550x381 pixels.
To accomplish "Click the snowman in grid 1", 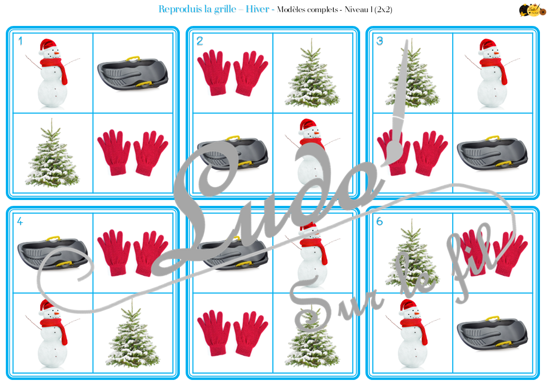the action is point(52,73).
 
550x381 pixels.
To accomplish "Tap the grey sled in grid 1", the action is point(133,74).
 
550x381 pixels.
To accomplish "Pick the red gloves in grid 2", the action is point(232,73).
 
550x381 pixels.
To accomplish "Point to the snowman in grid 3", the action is point(492,73).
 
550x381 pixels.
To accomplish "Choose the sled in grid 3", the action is point(492,153).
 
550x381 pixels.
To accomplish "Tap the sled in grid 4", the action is point(52,252).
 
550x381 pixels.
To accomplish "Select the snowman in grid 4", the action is point(52,333).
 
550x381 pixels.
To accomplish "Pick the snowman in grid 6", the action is point(412,333).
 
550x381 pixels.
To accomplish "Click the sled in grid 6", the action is point(492,333).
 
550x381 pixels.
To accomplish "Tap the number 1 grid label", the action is point(20,41).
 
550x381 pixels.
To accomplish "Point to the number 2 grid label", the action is point(200,41).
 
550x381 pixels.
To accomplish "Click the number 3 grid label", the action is point(380,41).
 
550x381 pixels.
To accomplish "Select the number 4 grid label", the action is point(20,221).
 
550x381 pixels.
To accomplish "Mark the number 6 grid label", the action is point(380,221).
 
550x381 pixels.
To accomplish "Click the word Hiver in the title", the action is point(258,9).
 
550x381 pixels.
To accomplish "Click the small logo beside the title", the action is point(533,10).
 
